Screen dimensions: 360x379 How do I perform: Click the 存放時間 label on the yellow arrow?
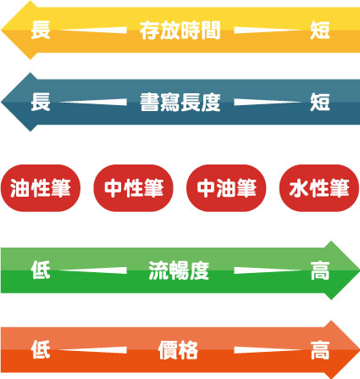pyautogui.click(x=180, y=30)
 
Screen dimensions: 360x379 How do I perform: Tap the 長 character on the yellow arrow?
pyautogui.click(x=41, y=30)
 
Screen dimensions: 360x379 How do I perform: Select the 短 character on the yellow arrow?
pyautogui.click(x=320, y=30)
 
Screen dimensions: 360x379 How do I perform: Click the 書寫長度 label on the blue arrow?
pyautogui.click(x=180, y=102)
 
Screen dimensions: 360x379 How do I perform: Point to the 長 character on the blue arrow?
pyautogui.click(x=41, y=102)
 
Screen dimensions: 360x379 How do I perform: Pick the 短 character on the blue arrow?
pyautogui.click(x=320, y=102)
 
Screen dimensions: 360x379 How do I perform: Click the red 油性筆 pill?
pyautogui.click(x=41, y=188)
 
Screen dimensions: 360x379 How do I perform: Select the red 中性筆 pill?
pyautogui.click(x=133, y=188)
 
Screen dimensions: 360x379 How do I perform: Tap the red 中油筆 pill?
pyautogui.click(x=226, y=188)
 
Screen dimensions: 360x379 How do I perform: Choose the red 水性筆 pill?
pyautogui.click(x=319, y=188)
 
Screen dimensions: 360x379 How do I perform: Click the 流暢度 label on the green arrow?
pyautogui.click(x=179, y=270)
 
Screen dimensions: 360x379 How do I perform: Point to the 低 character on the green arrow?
pyautogui.click(x=41, y=270)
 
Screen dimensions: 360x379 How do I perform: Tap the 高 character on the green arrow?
pyautogui.click(x=320, y=270)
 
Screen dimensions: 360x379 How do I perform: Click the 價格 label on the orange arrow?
pyautogui.click(x=178, y=350)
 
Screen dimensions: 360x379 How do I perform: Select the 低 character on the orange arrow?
pyautogui.click(x=41, y=350)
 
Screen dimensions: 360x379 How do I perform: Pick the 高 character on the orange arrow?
pyautogui.click(x=320, y=350)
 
